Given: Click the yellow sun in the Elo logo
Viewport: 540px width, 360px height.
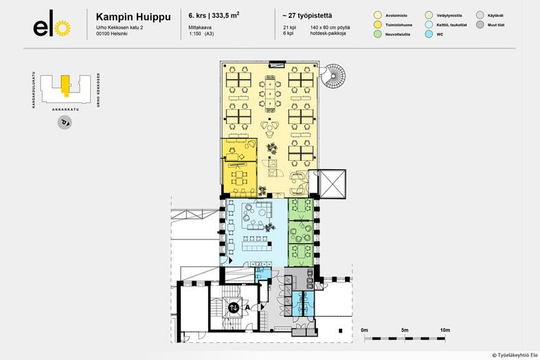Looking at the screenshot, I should click(63, 28).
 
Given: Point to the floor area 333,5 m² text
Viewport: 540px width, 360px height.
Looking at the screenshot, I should click(224, 14).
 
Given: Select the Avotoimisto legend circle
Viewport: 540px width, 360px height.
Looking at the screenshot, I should click(377, 14).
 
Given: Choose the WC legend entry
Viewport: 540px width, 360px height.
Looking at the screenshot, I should click(429, 33).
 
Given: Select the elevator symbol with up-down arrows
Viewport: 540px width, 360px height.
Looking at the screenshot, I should click(234, 307).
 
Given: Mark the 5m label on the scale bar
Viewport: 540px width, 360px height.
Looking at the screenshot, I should click(405, 330).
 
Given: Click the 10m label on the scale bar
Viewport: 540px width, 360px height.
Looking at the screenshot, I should click(445, 330).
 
